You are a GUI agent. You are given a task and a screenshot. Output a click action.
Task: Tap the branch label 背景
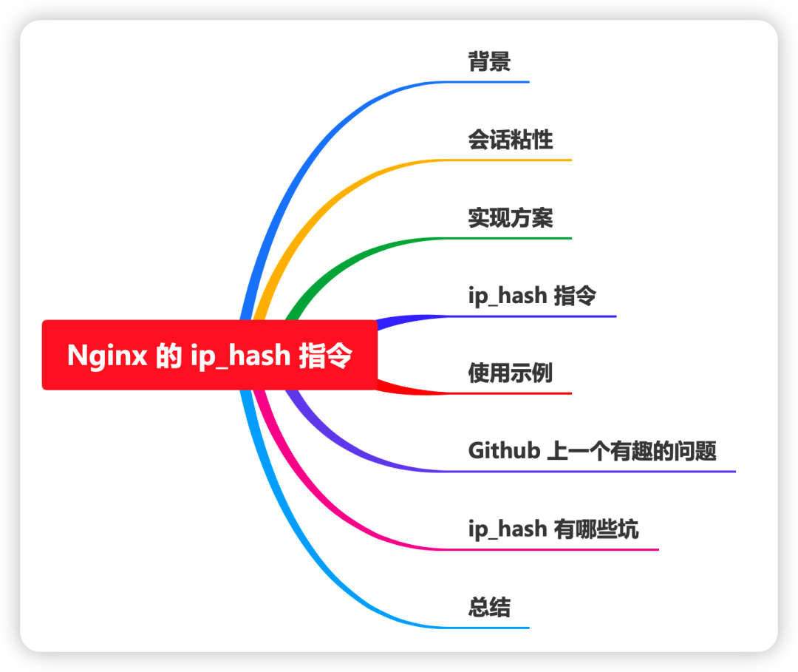(489, 61)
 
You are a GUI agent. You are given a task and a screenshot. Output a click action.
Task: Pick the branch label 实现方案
(511, 218)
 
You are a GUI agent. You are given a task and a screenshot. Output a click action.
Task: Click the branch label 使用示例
(511, 373)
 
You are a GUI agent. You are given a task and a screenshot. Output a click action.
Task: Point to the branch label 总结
(489, 608)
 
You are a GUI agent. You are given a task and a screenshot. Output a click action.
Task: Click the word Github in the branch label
(504, 450)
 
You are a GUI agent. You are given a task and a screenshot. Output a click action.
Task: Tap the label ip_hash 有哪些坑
(553, 529)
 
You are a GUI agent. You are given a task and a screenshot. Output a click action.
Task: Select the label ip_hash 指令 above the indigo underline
(532, 296)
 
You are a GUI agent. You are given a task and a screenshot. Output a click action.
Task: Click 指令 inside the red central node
(325, 356)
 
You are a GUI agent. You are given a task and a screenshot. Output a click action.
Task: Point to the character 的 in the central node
(169, 356)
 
